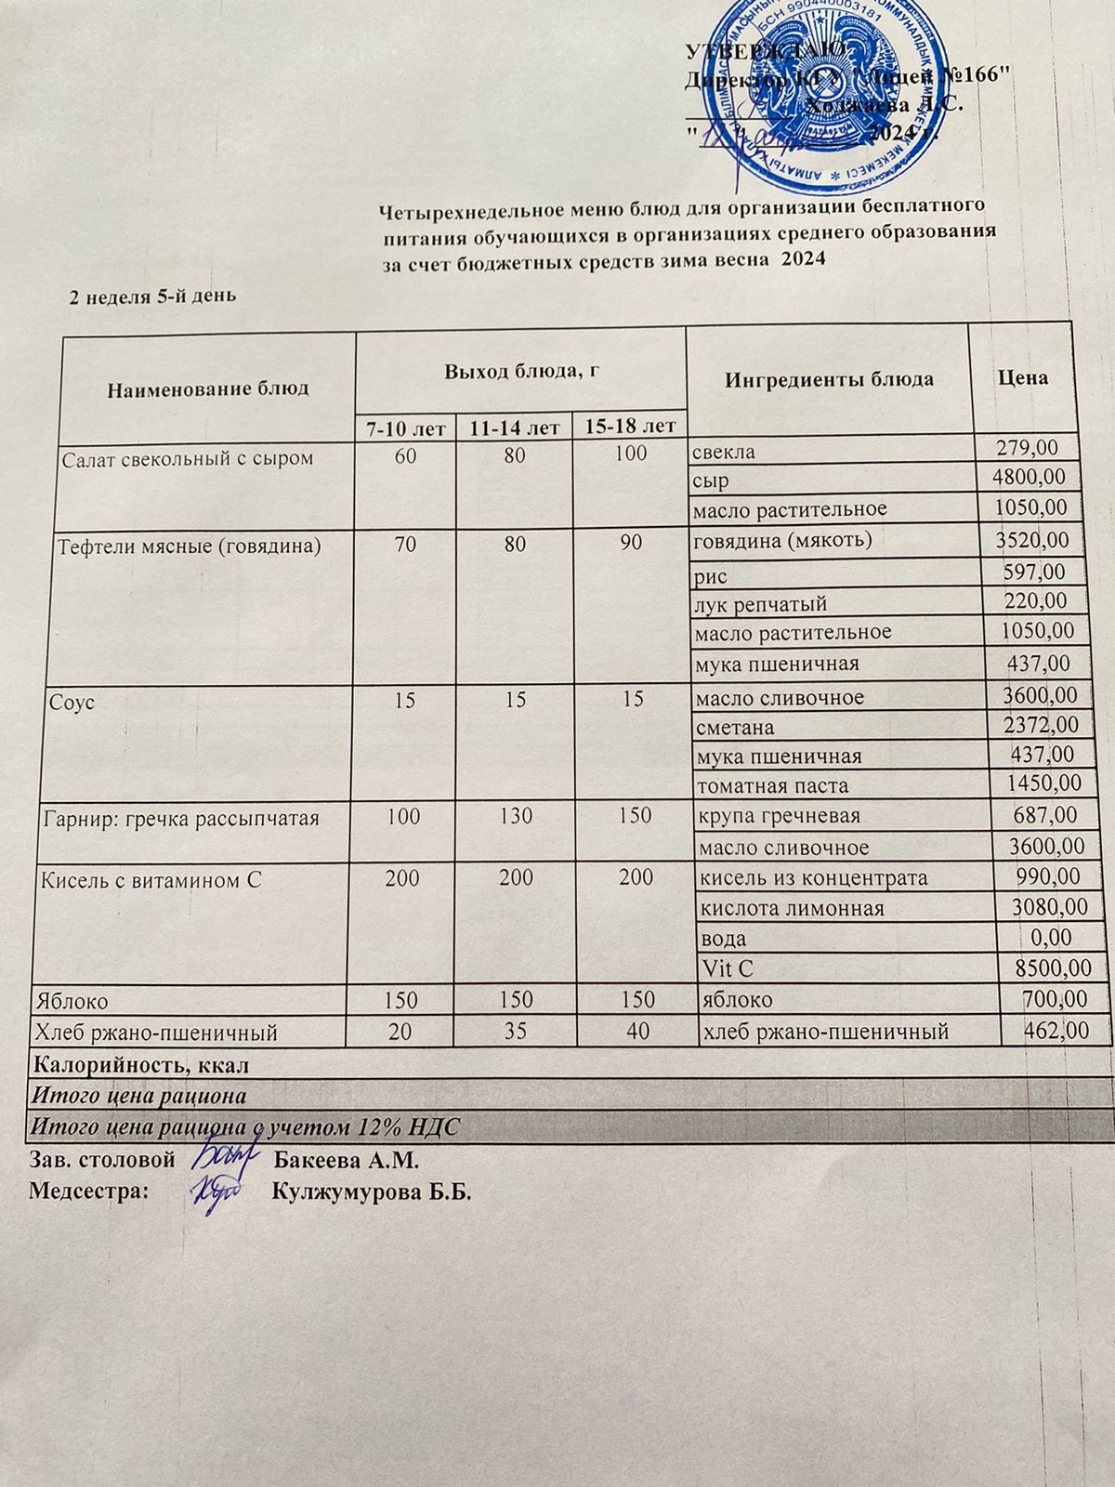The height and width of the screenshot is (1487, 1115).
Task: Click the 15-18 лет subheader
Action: (631, 427)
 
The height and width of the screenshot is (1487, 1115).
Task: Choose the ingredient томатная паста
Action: (772, 785)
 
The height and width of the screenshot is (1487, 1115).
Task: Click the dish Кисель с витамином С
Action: (147, 878)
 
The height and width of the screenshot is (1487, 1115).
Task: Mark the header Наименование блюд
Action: (209, 388)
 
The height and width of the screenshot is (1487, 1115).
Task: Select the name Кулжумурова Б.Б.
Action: (372, 1192)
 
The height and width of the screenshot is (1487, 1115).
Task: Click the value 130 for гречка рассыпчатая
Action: (514, 817)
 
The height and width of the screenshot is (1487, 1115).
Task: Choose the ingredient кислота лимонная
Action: (791, 908)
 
